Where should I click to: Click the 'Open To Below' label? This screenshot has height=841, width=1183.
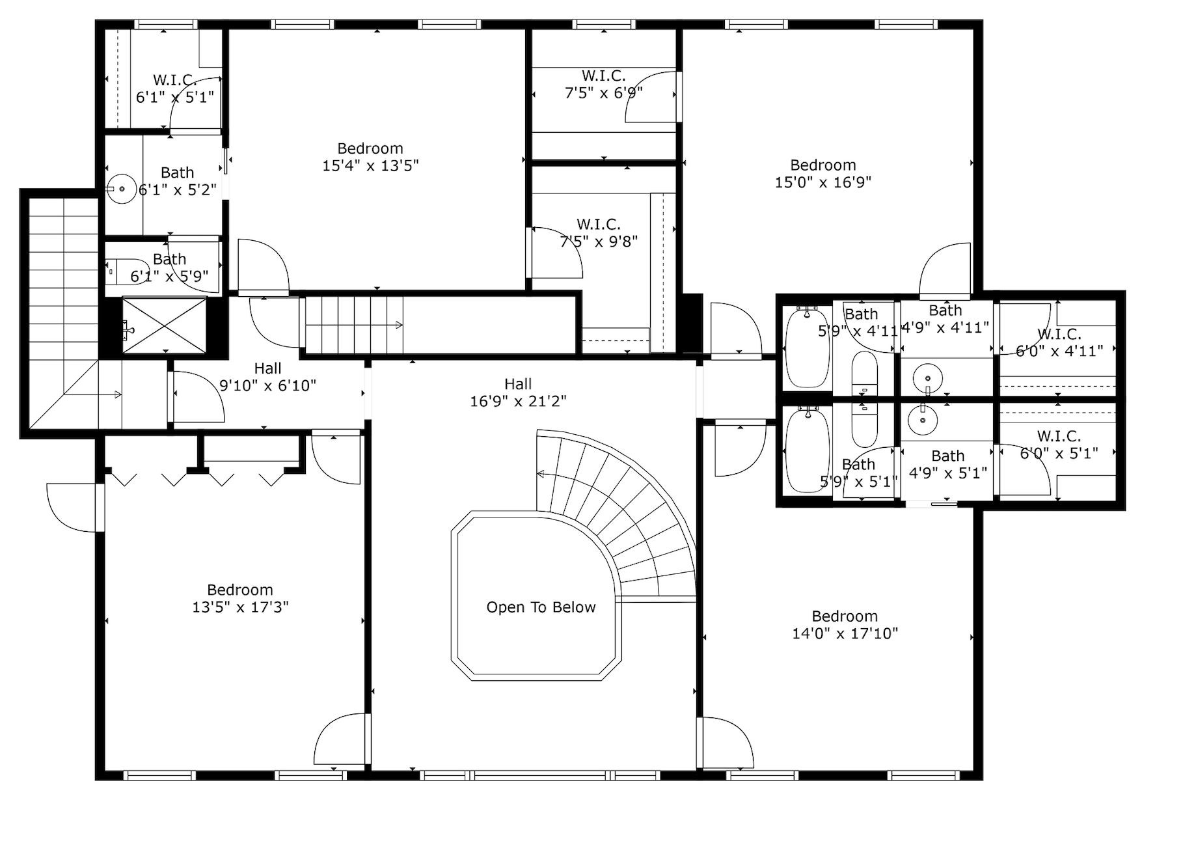tap(541, 607)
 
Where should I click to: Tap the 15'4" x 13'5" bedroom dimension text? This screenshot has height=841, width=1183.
tap(370, 166)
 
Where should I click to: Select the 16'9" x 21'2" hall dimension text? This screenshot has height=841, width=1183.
tap(518, 402)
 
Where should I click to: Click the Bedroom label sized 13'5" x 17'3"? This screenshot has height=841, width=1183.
tap(240, 590)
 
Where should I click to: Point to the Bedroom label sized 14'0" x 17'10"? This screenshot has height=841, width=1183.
tap(845, 616)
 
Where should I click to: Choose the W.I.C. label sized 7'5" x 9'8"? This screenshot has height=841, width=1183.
tap(599, 225)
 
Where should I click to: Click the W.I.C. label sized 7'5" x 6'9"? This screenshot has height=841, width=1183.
tap(603, 76)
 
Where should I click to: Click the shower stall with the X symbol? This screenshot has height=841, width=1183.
tap(164, 325)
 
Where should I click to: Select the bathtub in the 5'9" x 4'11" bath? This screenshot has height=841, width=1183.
tap(807, 348)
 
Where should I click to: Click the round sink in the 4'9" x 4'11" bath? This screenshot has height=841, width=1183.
tap(927, 378)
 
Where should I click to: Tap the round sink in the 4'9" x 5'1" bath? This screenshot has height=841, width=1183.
tap(922, 420)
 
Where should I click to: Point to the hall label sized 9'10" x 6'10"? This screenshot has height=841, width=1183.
tap(267, 369)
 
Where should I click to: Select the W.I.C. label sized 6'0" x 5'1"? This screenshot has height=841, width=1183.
tap(1059, 436)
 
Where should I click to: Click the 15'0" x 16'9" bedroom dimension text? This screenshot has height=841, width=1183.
tap(823, 183)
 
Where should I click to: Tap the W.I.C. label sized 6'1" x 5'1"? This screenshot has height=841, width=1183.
tap(174, 80)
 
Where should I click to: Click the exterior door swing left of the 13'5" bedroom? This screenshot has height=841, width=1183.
tap(72, 508)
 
